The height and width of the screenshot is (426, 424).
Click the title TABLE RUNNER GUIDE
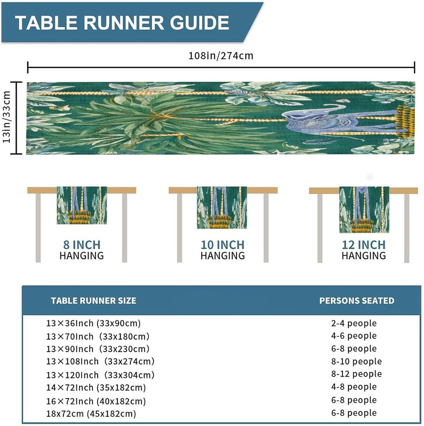tap(122, 23)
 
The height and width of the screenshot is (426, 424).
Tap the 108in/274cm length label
tap(221, 56)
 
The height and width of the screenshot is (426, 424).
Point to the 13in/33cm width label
tap(7, 117)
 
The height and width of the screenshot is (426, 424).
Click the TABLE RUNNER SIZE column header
tap(93, 301)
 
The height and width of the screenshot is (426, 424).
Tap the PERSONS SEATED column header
tap(357, 301)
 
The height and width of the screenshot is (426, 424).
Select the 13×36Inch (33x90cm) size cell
tap(93, 323)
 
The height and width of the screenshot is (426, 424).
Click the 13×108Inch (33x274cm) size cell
tap(100, 361)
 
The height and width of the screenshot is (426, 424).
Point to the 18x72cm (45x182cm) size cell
tap(91, 414)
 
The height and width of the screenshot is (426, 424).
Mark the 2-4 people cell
tap(354, 323)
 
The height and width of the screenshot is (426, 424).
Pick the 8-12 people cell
tap(356, 374)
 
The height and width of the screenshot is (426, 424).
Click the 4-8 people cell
tap(354, 387)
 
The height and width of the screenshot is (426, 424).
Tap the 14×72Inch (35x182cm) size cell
tap(96, 387)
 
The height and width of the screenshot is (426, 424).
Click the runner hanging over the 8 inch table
tap(82, 205)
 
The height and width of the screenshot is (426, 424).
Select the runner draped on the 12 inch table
tap(364, 210)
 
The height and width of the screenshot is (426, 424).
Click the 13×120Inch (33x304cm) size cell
tap(100, 375)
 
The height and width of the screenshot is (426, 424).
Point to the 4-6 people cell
tap(354, 336)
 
